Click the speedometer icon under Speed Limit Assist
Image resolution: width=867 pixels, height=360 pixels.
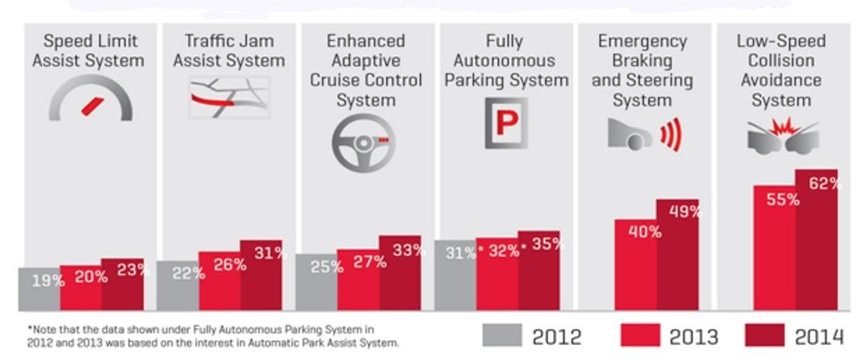coord(91,102)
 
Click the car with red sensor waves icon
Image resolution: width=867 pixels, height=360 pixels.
coord(645,134)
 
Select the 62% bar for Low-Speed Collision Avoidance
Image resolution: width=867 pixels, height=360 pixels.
coord(817,239)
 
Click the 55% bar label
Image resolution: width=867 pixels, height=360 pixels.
coord(783,200)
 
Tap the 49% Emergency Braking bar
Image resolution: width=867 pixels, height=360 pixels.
coord(677,255)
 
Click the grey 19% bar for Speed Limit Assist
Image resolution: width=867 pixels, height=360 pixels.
coord(39,288)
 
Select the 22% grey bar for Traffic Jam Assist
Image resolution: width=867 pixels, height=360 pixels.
coord(178,285)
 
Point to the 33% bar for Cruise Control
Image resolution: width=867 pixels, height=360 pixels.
coord(400,272)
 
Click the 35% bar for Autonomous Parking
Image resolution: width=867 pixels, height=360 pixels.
coord(539,271)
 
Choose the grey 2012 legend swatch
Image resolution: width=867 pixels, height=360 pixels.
coord(503,335)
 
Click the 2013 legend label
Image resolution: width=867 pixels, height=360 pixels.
coord(693,337)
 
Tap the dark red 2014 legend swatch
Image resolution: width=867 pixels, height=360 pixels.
coord(764,335)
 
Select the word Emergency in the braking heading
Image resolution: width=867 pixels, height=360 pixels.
coord(642,41)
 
